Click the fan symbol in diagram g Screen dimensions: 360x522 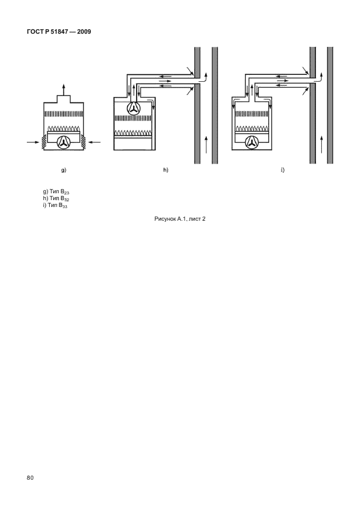click(x=63, y=142)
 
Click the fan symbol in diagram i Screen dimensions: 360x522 click(x=251, y=142)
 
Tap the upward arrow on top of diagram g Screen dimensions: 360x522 click(x=63, y=90)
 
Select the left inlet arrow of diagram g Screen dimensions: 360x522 click(x=33, y=142)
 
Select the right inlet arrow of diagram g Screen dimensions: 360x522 click(x=94, y=142)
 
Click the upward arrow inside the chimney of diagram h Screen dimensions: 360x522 click(x=206, y=144)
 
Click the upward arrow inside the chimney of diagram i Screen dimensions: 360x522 click(x=321, y=144)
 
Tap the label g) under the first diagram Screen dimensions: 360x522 click(x=63, y=170)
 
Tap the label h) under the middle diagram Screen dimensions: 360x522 click(x=166, y=170)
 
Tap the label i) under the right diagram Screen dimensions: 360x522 click(x=282, y=170)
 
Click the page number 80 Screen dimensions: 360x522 click(x=30, y=478)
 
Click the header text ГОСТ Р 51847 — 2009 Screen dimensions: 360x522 click(x=59, y=31)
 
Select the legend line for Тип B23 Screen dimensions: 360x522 click(x=56, y=192)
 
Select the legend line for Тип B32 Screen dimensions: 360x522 click(x=56, y=199)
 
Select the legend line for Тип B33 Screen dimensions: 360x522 click(x=55, y=205)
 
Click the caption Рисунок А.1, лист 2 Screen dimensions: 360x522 click(x=180, y=219)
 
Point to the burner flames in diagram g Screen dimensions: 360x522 click(x=63, y=129)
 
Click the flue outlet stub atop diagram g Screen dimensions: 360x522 click(x=63, y=99)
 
